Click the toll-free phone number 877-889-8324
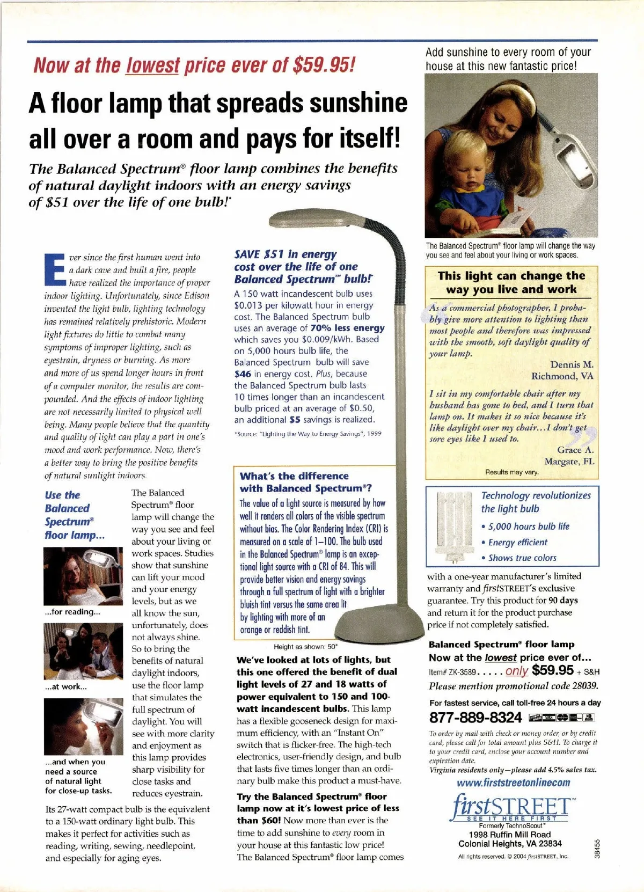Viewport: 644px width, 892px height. coord(475,717)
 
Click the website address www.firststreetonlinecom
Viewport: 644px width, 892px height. coord(513,783)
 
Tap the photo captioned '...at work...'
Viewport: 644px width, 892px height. coord(83,651)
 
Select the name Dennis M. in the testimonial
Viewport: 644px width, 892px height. coord(572,365)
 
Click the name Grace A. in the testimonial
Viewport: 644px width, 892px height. coord(575,450)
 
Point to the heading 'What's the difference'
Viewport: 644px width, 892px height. coord(294,476)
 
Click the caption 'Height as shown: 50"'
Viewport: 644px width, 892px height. coord(305,647)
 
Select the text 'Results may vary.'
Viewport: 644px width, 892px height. coord(512,472)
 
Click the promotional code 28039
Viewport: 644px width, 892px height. coord(584,686)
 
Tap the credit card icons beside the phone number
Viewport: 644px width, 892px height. coord(562,717)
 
